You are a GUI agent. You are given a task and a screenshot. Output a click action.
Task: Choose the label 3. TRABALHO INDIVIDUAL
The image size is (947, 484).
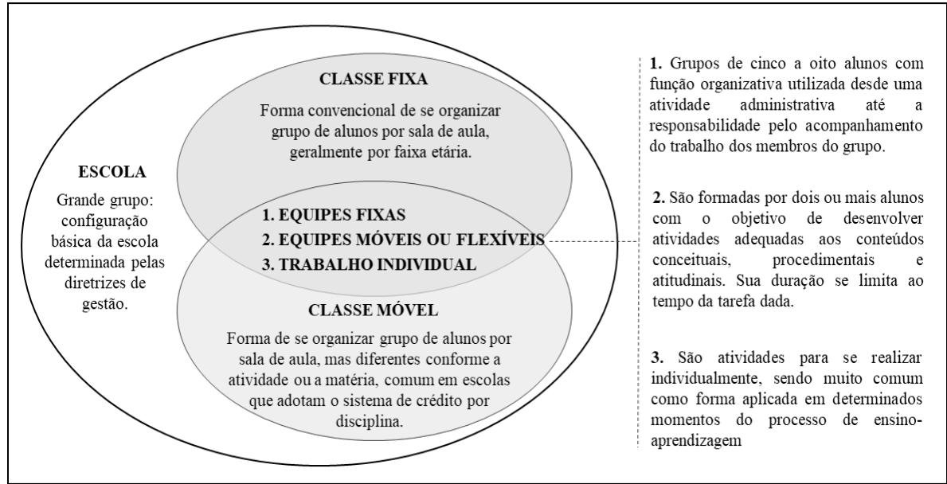[x=358, y=265]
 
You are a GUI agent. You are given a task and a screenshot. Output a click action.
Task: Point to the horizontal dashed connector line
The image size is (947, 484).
[x=591, y=240]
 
